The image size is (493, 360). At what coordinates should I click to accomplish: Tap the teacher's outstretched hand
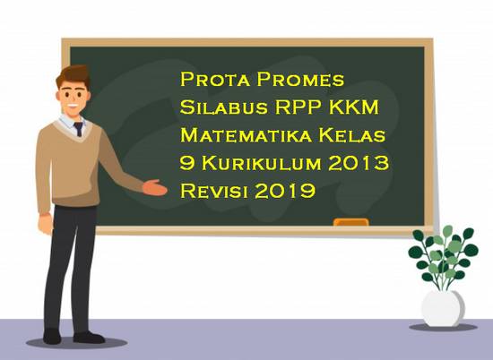(156, 187)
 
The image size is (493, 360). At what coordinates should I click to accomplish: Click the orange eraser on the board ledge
(350, 222)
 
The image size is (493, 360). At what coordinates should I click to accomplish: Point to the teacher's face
(79, 85)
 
